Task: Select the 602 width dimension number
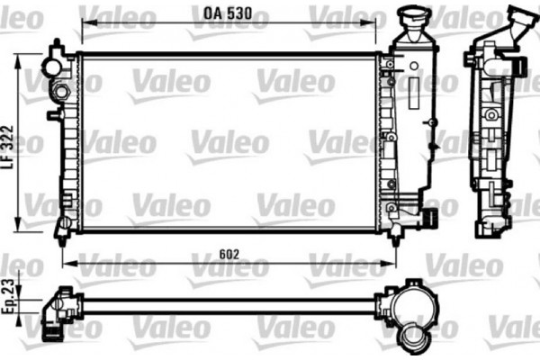229,255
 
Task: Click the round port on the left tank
59,92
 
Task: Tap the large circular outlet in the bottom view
415,337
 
